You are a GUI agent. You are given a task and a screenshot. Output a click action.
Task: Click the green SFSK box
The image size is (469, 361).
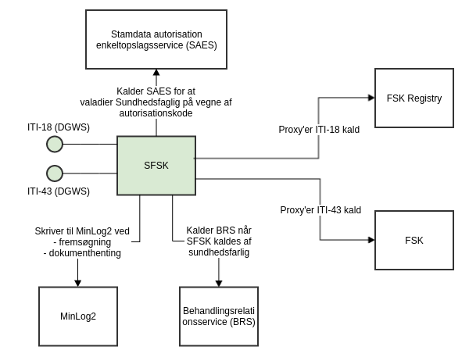pos(156,166)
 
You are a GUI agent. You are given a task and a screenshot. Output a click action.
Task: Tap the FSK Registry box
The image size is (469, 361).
pos(414,98)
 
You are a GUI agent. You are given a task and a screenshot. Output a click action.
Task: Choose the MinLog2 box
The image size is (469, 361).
pos(77,316)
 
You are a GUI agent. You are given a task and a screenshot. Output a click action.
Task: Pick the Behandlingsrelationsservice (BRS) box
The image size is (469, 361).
pos(218,316)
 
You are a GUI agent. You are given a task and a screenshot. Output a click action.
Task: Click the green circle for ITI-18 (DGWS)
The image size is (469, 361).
pos(55,144)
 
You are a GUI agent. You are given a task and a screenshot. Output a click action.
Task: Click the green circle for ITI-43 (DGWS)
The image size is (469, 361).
pos(55,173)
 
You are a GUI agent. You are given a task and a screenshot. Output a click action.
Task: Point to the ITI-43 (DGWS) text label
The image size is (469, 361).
pos(59,191)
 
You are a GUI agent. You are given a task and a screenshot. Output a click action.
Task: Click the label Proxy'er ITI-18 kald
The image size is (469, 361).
pos(319,130)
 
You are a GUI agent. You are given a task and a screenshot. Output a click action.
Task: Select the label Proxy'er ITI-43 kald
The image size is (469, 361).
pos(320,210)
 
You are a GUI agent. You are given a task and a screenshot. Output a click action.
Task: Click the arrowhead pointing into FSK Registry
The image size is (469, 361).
pos(371,98)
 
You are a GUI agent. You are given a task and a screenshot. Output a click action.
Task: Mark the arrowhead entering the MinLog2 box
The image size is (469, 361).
pos(77,283)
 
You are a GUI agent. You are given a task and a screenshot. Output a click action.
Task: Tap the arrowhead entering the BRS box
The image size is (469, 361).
pos(218,283)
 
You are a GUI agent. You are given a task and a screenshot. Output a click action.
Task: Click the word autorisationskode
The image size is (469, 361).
pos(156,113)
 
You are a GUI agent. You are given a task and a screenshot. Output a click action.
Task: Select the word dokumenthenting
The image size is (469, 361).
pos(82,252)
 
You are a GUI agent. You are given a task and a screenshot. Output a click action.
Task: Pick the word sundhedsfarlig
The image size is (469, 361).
pos(219,252)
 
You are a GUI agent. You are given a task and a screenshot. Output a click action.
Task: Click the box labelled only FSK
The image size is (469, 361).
pos(414,241)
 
